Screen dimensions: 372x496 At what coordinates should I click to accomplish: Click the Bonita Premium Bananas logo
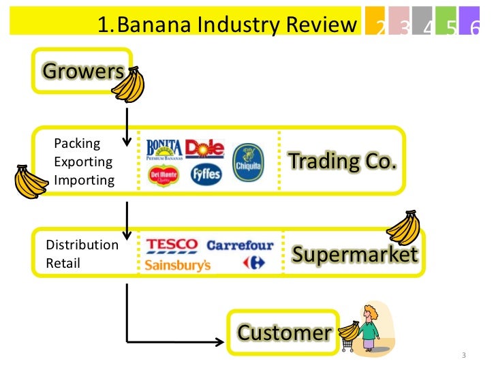click(x=164, y=150)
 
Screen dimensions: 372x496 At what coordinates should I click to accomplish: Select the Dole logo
click(x=204, y=149)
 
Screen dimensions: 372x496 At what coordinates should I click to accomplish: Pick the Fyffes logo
click(x=206, y=175)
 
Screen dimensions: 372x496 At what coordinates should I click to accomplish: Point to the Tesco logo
click(x=171, y=245)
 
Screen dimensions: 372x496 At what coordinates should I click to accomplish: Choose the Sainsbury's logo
click(x=177, y=265)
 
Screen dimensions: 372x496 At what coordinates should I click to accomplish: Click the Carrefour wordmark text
click(x=240, y=245)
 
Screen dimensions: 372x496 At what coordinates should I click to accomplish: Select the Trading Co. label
click(x=343, y=161)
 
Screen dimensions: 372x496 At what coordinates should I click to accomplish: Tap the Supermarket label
click(x=354, y=254)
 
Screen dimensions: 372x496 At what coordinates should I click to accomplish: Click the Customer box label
click(x=284, y=333)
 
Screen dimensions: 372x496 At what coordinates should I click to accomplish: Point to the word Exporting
click(x=83, y=162)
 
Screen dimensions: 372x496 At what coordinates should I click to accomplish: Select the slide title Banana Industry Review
click(x=227, y=25)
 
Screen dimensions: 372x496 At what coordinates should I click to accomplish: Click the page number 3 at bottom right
click(x=464, y=356)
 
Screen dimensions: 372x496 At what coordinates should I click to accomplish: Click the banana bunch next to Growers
click(x=127, y=84)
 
